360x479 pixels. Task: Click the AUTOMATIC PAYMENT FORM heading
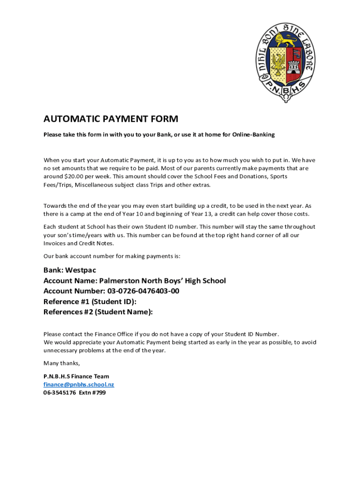[111, 119]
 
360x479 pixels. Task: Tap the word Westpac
[80, 270]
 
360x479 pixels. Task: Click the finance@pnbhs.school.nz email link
[79, 385]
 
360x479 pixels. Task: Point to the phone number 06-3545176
[59, 393]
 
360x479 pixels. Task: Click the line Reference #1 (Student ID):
[90, 302]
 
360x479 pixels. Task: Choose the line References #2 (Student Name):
[98, 312]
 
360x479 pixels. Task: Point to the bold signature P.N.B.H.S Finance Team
[76, 376]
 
